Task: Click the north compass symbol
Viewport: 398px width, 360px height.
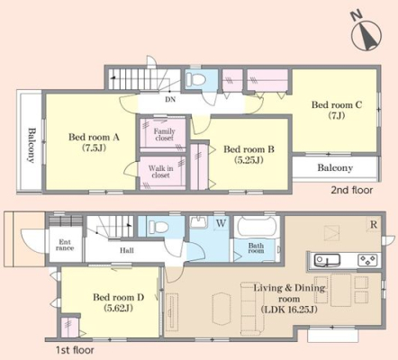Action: [366, 33]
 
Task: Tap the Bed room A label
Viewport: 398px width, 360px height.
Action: [94, 142]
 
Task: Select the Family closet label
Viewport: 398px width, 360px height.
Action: [164, 134]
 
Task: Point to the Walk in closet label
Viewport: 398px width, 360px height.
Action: [160, 172]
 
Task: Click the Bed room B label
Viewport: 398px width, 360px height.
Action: [249, 154]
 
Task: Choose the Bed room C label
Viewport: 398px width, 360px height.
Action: [337, 110]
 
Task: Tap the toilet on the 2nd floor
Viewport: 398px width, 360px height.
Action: [195, 79]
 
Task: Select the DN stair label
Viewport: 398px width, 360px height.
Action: [170, 99]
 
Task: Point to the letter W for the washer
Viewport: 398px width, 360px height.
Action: [221, 223]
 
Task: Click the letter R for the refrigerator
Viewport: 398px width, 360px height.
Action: [374, 224]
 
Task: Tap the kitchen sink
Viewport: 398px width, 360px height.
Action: [327, 260]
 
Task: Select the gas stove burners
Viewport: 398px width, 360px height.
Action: [367, 260]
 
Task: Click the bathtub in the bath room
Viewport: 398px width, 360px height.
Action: [257, 228]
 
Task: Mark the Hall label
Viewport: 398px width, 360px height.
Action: [127, 250]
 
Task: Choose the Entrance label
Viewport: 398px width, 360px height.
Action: [65, 245]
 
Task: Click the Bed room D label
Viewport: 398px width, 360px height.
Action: [118, 302]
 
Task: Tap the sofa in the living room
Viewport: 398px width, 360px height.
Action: [252, 309]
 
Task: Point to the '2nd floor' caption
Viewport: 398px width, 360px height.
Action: [352, 190]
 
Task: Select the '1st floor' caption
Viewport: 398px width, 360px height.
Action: [75, 350]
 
